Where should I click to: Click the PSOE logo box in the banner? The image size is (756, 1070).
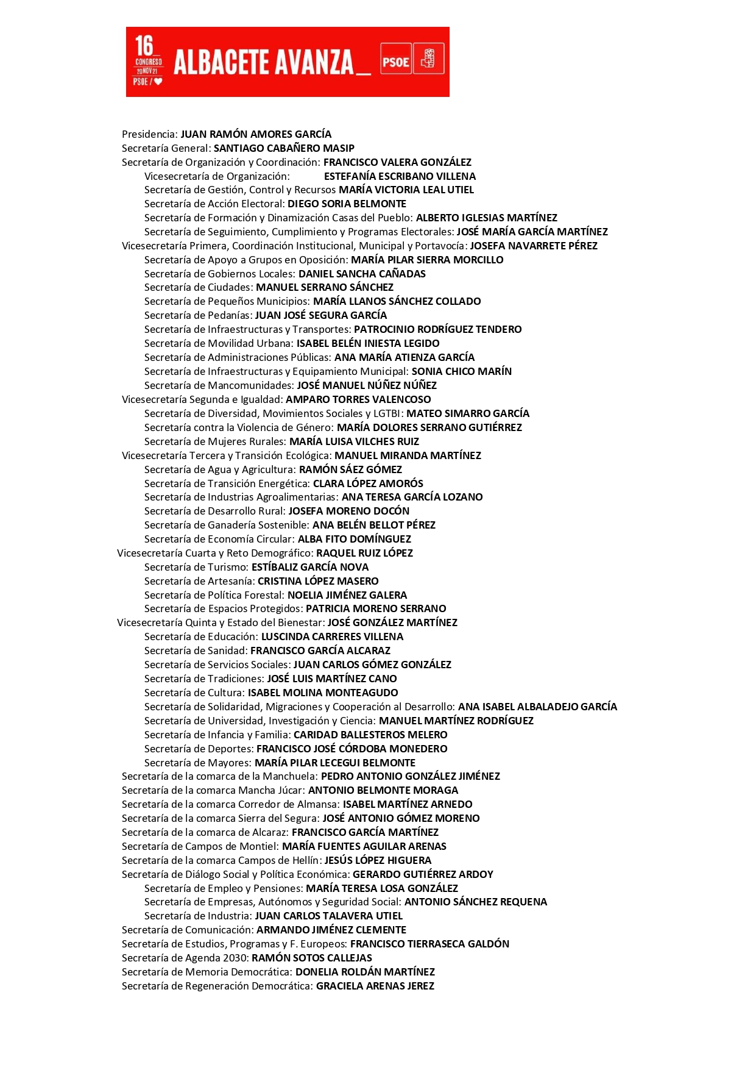coord(395,62)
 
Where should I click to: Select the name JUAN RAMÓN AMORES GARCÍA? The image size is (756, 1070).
coord(256,134)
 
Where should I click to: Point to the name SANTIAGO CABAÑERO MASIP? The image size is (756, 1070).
coord(284,148)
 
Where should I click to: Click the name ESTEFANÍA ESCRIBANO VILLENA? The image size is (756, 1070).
coord(400,176)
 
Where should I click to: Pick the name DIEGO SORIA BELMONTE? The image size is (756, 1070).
coord(347,204)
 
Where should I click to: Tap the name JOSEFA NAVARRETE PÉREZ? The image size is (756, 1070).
coord(534,246)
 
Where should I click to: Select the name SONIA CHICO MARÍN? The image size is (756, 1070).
coord(462,371)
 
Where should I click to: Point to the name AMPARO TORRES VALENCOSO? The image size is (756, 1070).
coord(358,399)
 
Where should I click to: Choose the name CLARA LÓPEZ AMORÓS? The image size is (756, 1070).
coord(368,483)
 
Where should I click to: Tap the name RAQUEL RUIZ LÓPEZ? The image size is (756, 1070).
coord(364,553)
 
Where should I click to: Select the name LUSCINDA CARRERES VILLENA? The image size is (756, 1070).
coord(332,637)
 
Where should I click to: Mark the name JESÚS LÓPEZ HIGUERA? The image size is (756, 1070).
coord(378,860)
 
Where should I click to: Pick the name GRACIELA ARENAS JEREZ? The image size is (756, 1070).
coord(375,986)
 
